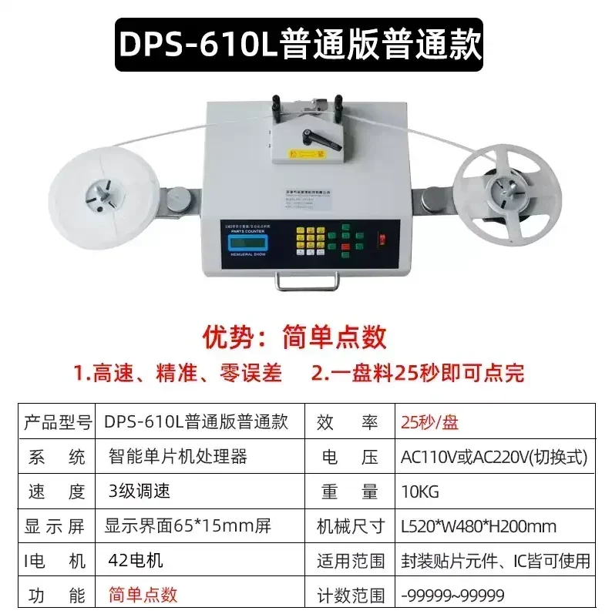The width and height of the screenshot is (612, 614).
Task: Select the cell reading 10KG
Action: click(421, 492)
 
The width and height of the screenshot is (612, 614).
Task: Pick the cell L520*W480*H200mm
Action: click(479, 527)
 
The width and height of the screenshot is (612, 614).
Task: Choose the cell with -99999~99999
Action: click(452, 596)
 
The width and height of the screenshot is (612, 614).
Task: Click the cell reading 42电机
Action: click(136, 561)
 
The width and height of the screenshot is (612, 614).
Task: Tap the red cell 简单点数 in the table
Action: click(143, 595)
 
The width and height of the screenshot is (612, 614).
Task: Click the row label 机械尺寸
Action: click(351, 527)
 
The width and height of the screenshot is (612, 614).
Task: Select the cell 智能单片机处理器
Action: click(178, 457)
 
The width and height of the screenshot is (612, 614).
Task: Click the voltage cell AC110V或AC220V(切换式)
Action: click(494, 458)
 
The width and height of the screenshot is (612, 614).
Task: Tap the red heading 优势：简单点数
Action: click(294, 337)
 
